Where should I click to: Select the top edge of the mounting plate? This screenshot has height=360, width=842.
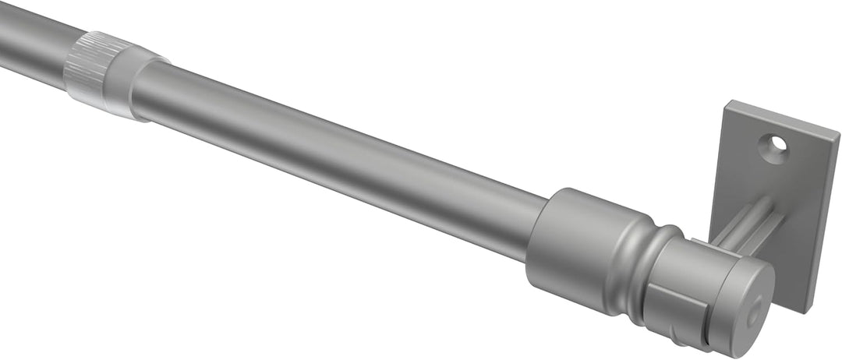click(780, 117)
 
